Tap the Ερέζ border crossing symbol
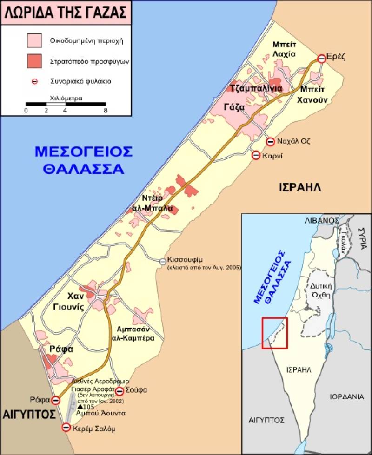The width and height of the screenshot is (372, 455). (321, 59)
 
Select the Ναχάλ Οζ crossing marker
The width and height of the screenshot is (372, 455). (270, 142)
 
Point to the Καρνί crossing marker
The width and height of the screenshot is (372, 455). (256, 156)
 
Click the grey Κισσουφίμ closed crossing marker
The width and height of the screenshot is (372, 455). (163, 262)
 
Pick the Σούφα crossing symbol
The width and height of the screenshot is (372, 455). (119, 391)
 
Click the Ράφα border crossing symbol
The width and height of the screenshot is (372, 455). (56, 400)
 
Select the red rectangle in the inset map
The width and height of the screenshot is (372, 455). (274, 333)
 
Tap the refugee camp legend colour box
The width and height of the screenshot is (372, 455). (34, 61)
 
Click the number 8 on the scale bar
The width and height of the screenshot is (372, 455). (106, 111)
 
